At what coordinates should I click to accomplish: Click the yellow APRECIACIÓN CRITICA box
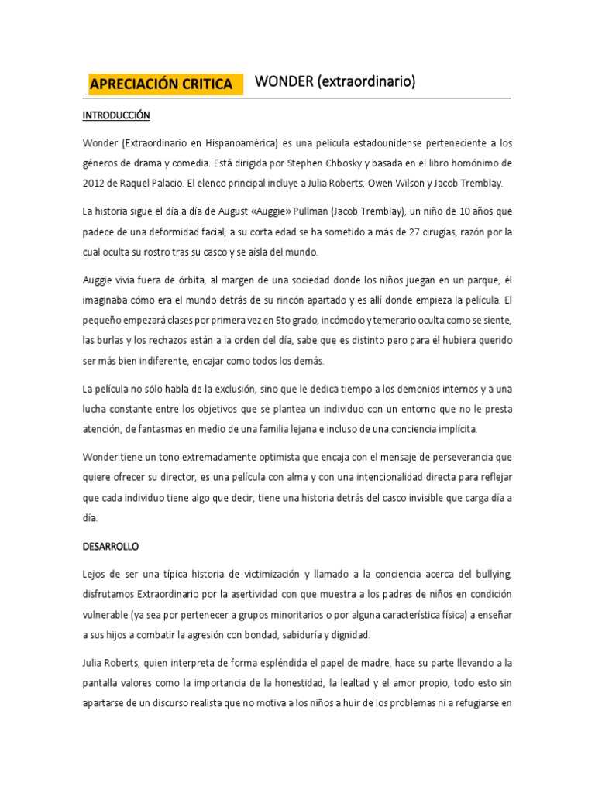pos(160,84)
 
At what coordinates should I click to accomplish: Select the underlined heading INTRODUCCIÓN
pos(116,116)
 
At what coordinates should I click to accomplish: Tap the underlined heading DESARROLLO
pos(110,546)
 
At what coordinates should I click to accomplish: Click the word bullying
pos(487,574)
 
